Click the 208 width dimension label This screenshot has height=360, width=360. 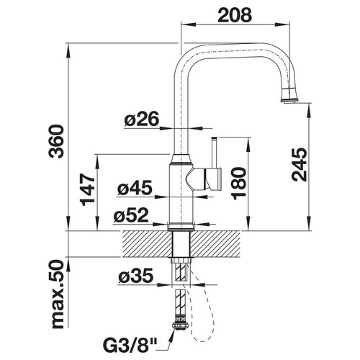click(235, 15)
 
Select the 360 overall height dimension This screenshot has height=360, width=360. click(56, 141)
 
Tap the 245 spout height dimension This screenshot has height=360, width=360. click(299, 165)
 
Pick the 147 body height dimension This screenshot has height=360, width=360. click(88, 189)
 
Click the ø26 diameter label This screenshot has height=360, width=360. click(142, 119)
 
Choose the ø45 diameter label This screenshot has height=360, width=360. click(135, 187)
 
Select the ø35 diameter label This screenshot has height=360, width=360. click(135, 275)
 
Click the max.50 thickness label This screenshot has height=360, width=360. click(58, 295)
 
